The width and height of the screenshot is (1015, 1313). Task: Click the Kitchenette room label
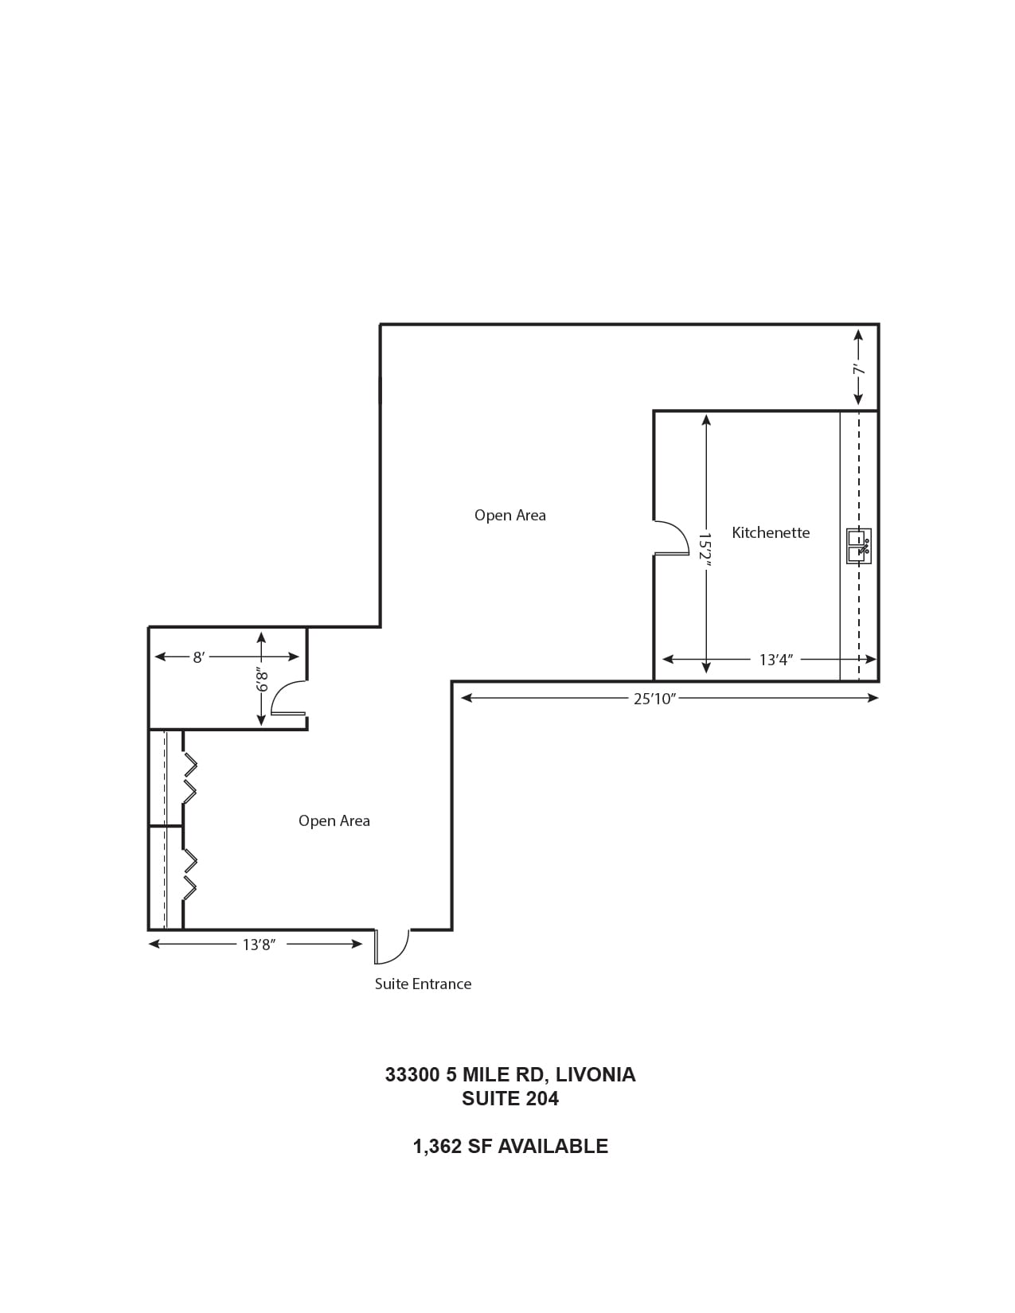click(770, 533)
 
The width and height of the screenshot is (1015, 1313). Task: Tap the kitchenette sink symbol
click(858, 546)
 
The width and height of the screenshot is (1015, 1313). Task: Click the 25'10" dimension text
click(654, 699)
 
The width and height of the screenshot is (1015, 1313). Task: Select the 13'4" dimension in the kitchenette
click(775, 660)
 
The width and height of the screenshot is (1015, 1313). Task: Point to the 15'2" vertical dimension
click(705, 550)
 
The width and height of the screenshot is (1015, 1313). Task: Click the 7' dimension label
click(858, 370)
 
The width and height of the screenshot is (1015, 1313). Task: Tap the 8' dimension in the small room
click(198, 657)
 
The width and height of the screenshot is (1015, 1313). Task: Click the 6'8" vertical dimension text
click(262, 681)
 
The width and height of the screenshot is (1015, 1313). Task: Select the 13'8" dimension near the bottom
click(258, 945)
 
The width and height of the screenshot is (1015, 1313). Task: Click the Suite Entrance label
click(423, 984)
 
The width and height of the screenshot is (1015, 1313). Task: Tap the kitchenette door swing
click(671, 538)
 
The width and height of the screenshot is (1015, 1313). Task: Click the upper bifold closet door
click(189, 777)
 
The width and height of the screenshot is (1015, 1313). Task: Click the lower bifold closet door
click(189, 874)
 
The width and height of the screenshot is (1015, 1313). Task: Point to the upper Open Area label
click(509, 516)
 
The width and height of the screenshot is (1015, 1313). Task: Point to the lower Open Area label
click(334, 821)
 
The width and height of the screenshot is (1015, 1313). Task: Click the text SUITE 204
click(509, 1099)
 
